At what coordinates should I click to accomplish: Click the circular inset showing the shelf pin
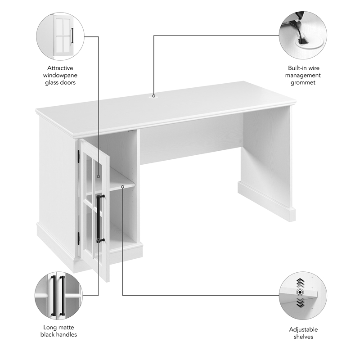pos(302,295)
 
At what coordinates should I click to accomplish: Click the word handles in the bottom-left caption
pos(67,334)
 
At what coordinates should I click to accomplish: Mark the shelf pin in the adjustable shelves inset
pos(298,292)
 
